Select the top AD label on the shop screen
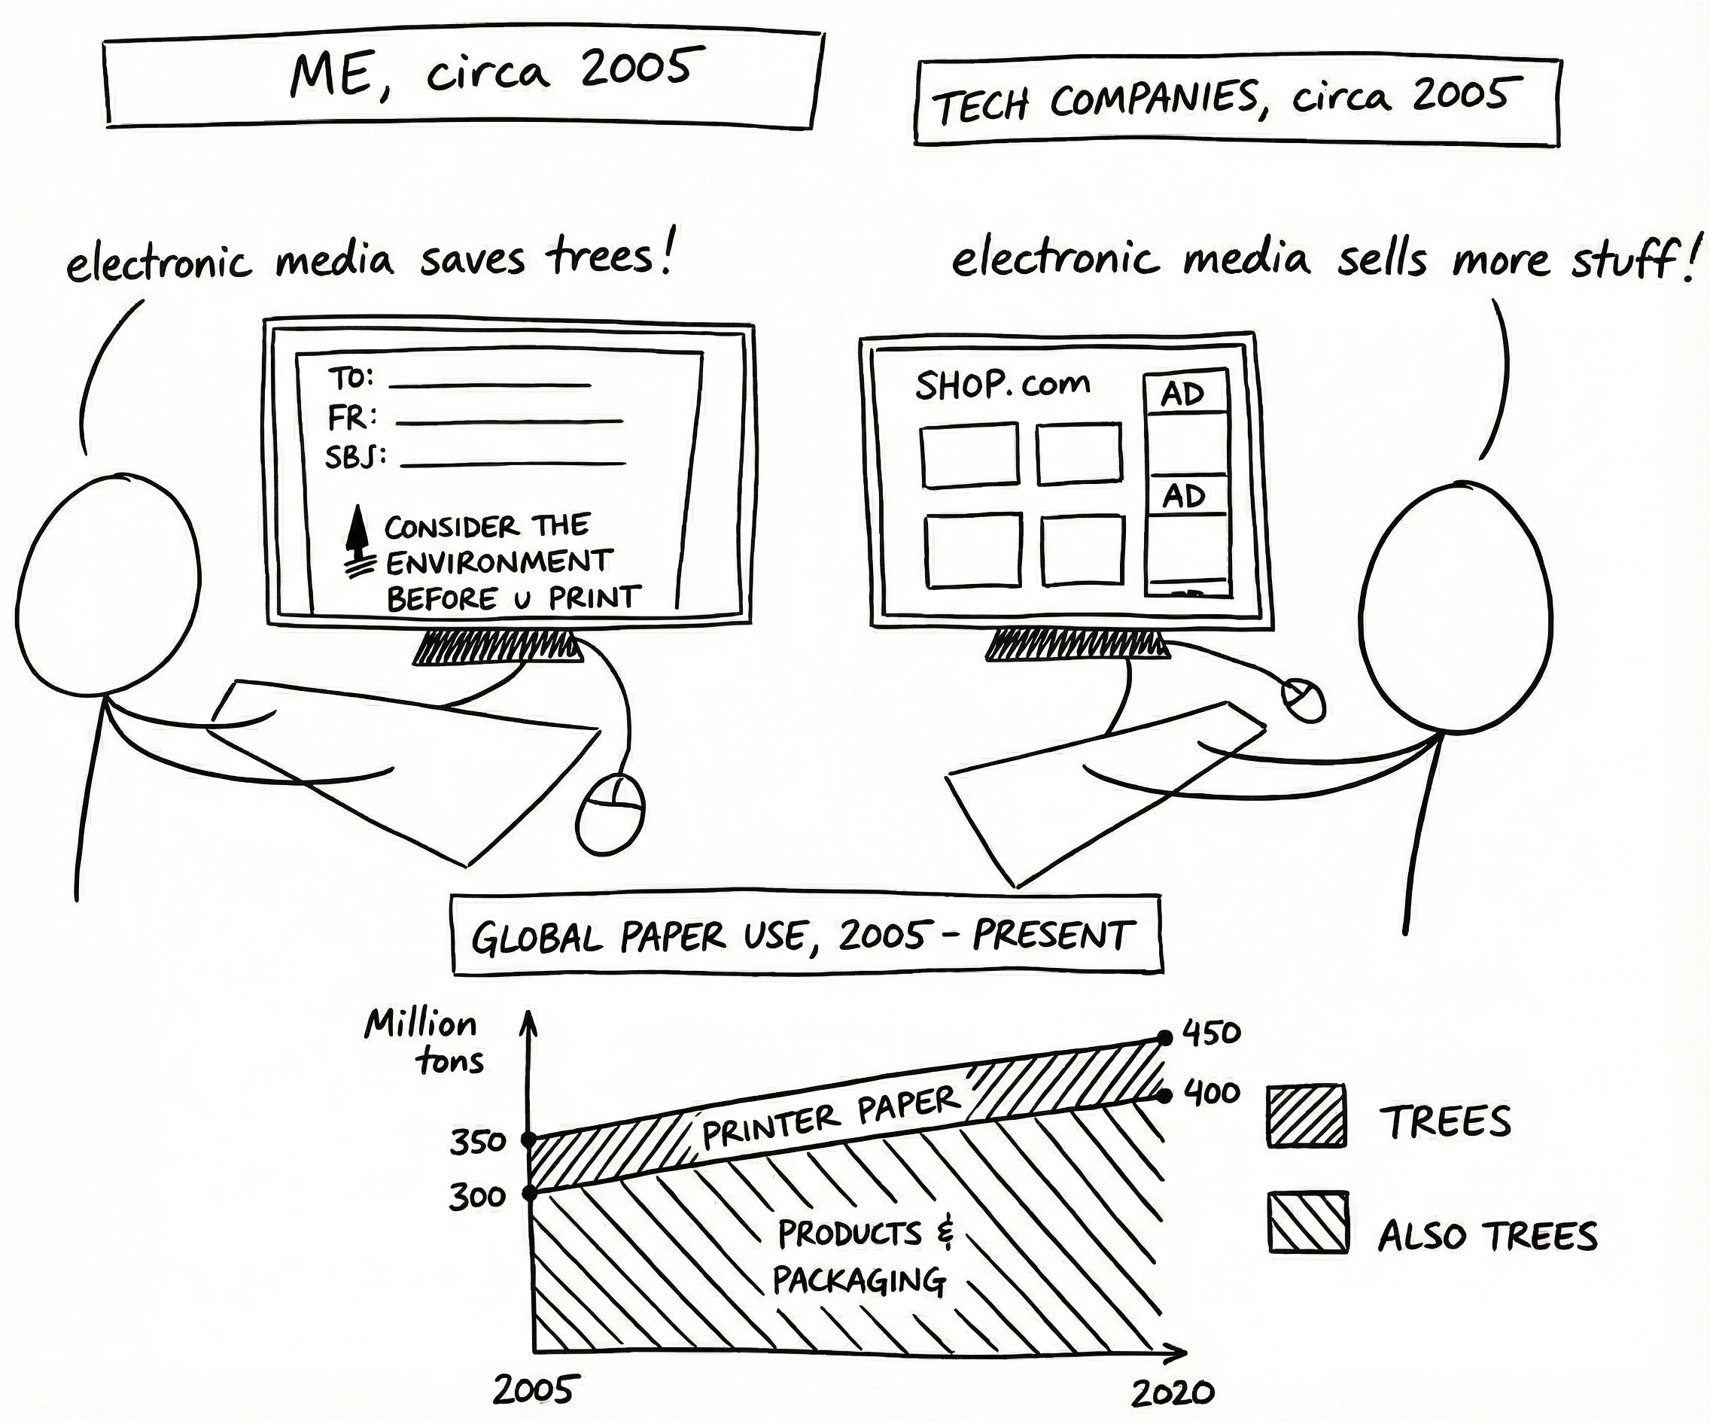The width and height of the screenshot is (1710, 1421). coord(1183,395)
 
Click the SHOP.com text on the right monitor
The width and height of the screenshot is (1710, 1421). coord(1003,385)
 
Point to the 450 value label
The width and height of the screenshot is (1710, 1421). coord(1211,1033)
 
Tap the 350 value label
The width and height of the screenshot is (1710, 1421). coord(478,1143)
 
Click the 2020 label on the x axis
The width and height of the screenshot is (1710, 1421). coord(1173,1394)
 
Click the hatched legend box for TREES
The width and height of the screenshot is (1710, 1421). coord(1306,1115)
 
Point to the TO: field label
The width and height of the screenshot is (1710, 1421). coord(351,379)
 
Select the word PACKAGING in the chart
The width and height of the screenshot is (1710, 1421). coord(859,1281)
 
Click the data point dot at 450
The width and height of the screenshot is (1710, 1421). coord(1165,1037)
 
